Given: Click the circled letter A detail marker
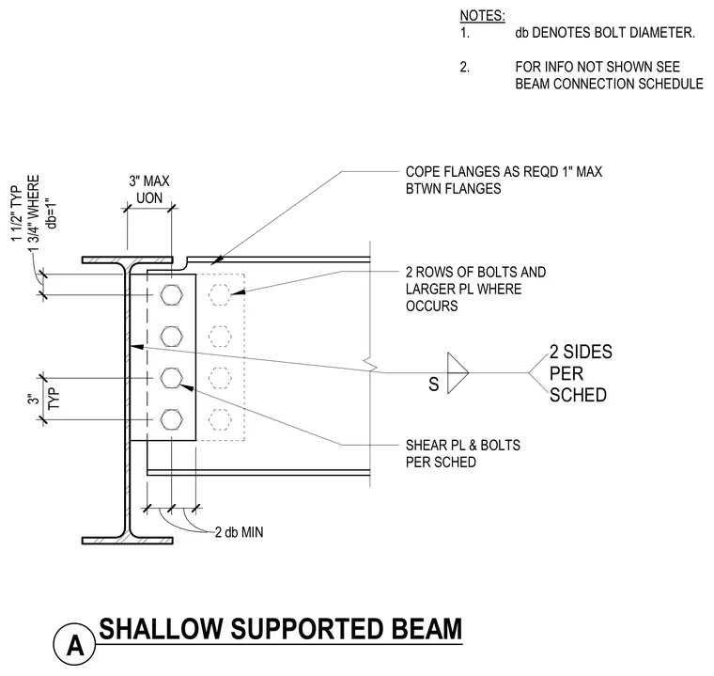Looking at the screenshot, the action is (x=74, y=645).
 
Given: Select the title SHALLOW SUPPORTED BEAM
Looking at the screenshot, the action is (x=281, y=629).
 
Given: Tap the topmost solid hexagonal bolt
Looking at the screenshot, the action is (x=172, y=295).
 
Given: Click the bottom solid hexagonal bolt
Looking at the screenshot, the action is (x=172, y=420).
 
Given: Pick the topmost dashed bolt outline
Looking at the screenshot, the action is (x=221, y=295).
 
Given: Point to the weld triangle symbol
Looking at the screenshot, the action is (x=458, y=373).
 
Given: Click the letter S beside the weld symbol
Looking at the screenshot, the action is (x=433, y=385).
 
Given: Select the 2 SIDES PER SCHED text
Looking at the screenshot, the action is (x=581, y=373).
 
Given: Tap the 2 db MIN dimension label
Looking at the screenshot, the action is (x=239, y=532).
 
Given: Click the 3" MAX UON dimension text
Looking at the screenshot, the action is (x=148, y=190).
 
